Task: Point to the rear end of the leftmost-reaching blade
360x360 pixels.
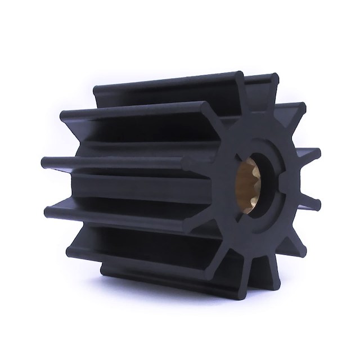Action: [x=45, y=163]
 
